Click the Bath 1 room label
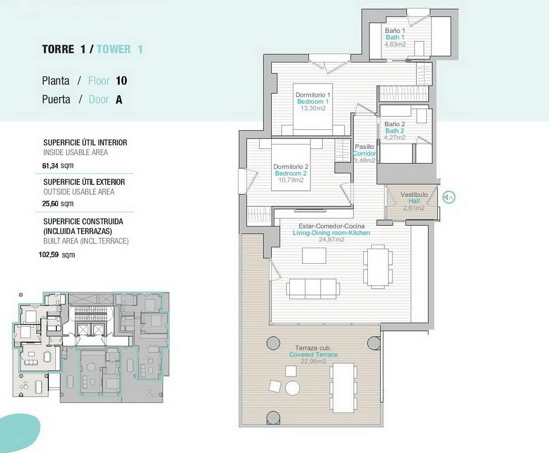click(x=395, y=37)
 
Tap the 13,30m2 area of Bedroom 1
click(x=313, y=108)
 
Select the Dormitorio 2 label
click(x=291, y=167)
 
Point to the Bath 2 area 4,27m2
click(x=395, y=137)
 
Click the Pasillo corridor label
click(x=364, y=147)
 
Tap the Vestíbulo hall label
click(x=414, y=194)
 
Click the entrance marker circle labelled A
click(x=449, y=198)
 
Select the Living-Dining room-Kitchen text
click(x=331, y=233)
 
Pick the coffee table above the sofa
click(x=314, y=255)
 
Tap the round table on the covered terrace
click(x=292, y=388)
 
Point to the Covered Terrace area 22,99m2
click(x=313, y=361)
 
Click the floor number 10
click(x=121, y=81)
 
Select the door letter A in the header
click(x=119, y=100)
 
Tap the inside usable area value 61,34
click(x=50, y=166)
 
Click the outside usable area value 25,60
click(x=50, y=203)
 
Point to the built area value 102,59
click(x=49, y=255)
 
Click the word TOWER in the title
click(x=114, y=49)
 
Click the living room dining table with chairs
click(x=376, y=267)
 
